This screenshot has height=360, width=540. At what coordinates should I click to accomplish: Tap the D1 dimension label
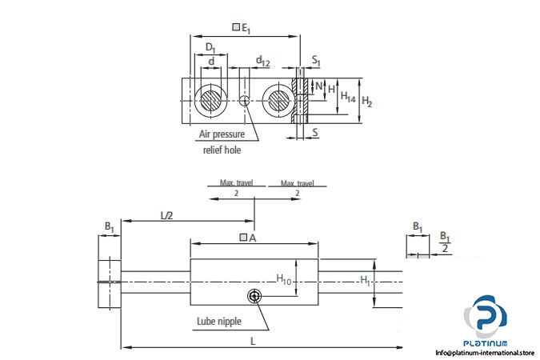coord(210,48)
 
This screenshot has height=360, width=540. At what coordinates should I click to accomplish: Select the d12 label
coord(263,61)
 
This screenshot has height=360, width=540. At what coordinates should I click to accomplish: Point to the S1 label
coord(317,61)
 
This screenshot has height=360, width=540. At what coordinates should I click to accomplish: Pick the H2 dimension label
coord(367,101)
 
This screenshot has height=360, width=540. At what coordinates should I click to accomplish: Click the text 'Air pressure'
coord(222,134)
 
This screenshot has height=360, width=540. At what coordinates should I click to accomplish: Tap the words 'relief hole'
coord(221,149)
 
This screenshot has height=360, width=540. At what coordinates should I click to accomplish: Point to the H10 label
coord(285,278)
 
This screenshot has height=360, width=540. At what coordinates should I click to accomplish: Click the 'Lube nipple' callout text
coord(218,322)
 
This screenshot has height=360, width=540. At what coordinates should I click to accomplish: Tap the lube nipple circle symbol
coord(254,296)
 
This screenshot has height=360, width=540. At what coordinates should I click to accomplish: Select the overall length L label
coord(253,341)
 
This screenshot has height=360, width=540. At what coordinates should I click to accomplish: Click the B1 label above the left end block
coord(109,227)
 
